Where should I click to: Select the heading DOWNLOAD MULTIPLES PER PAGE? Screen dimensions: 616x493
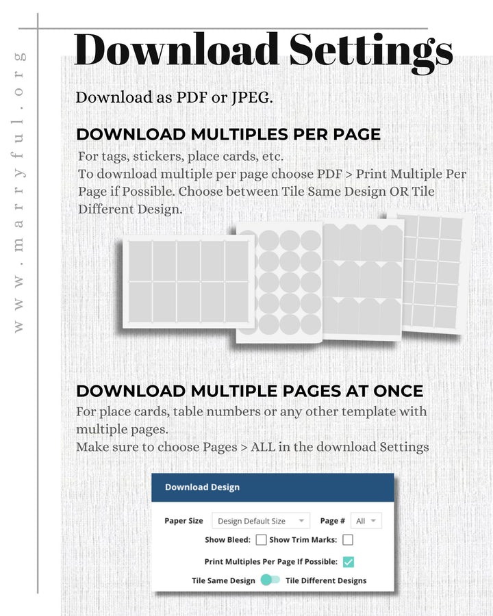228,134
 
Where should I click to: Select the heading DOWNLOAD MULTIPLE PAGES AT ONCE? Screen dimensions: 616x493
249,391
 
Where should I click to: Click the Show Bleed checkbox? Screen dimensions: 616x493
261,539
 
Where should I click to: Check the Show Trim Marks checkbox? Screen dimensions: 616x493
348,539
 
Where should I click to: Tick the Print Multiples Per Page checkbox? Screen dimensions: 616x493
348,562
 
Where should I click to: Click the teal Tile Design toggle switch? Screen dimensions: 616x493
270,580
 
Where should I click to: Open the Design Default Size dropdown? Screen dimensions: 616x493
260,521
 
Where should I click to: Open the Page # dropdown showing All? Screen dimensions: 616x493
366,521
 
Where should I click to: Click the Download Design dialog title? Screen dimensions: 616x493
202,487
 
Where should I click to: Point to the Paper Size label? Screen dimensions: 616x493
184,521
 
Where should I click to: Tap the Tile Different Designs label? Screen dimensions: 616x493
326,580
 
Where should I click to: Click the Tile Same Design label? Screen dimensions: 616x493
223,580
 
